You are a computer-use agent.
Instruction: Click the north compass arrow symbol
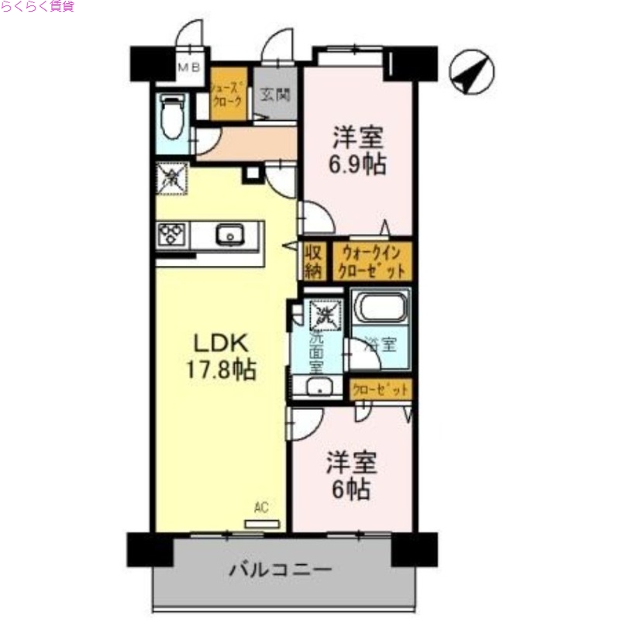tap(470, 73)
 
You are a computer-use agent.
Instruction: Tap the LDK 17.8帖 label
tap(219, 356)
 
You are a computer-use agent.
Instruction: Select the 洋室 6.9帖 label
tap(358, 151)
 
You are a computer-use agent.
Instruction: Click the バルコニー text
tap(281, 571)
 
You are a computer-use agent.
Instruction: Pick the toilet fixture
tap(170, 116)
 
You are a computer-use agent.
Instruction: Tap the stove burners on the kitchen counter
tap(171, 235)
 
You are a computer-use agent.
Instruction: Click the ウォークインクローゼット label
tap(371, 262)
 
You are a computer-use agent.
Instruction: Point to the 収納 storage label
tap(313, 262)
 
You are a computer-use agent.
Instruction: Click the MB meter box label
tap(188, 68)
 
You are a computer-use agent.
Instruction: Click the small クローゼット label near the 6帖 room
tap(380, 391)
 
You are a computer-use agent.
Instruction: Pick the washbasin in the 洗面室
tap(316, 389)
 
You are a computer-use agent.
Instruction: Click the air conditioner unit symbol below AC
tap(260, 524)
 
